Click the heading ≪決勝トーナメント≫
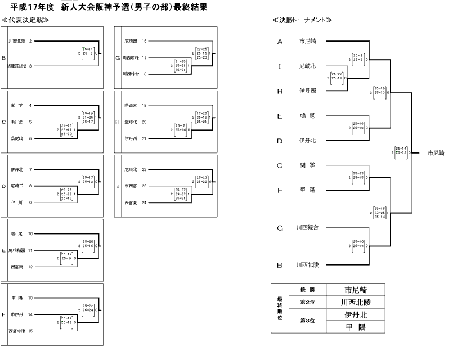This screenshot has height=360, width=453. [x=301, y=20]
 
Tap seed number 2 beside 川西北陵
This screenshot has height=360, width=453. [x=30, y=41]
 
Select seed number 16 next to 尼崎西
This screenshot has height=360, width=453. [x=144, y=41]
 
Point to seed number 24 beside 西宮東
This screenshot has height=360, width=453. [x=144, y=202]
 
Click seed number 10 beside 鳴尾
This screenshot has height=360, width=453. [x=31, y=232]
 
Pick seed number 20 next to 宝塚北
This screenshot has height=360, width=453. [x=144, y=121]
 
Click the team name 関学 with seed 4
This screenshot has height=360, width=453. [x=16, y=105]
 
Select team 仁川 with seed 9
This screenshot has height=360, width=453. [x=16, y=202]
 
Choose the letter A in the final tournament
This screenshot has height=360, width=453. [x=280, y=42]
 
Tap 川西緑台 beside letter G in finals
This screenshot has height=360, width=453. [x=307, y=228]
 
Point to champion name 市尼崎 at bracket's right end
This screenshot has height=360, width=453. [x=436, y=152]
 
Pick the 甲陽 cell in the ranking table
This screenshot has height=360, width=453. [x=357, y=327]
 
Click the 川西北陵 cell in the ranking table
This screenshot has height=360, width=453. [x=357, y=302]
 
